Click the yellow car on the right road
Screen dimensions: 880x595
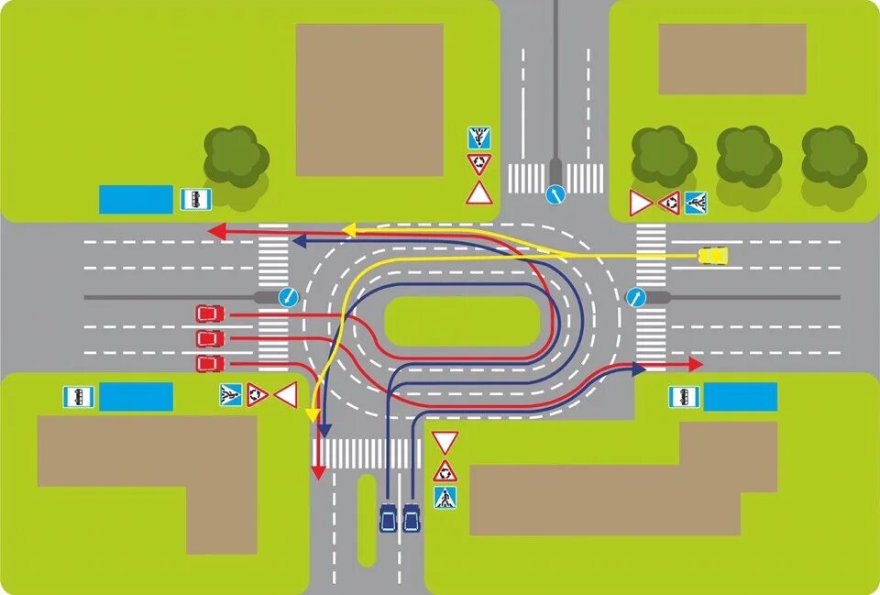tap(713, 255)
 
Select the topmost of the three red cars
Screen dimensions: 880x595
tap(210, 314)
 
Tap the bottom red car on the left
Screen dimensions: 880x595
tap(210, 363)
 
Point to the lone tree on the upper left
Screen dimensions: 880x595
tap(236, 156)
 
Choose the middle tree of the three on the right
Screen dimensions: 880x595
tap(749, 156)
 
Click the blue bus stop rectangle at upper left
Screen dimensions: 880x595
tap(136, 199)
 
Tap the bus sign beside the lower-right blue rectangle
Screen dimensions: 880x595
tap(683, 397)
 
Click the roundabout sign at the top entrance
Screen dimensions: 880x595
tap(478, 165)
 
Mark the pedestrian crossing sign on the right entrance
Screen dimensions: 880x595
tap(696, 203)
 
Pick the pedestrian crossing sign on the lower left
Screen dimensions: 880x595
tap(230, 395)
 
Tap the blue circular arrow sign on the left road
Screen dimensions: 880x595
tap(288, 296)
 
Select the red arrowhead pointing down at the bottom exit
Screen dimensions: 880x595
tap(317, 471)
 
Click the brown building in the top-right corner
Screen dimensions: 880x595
tap(731, 59)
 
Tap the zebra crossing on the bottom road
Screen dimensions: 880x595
tap(367, 453)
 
